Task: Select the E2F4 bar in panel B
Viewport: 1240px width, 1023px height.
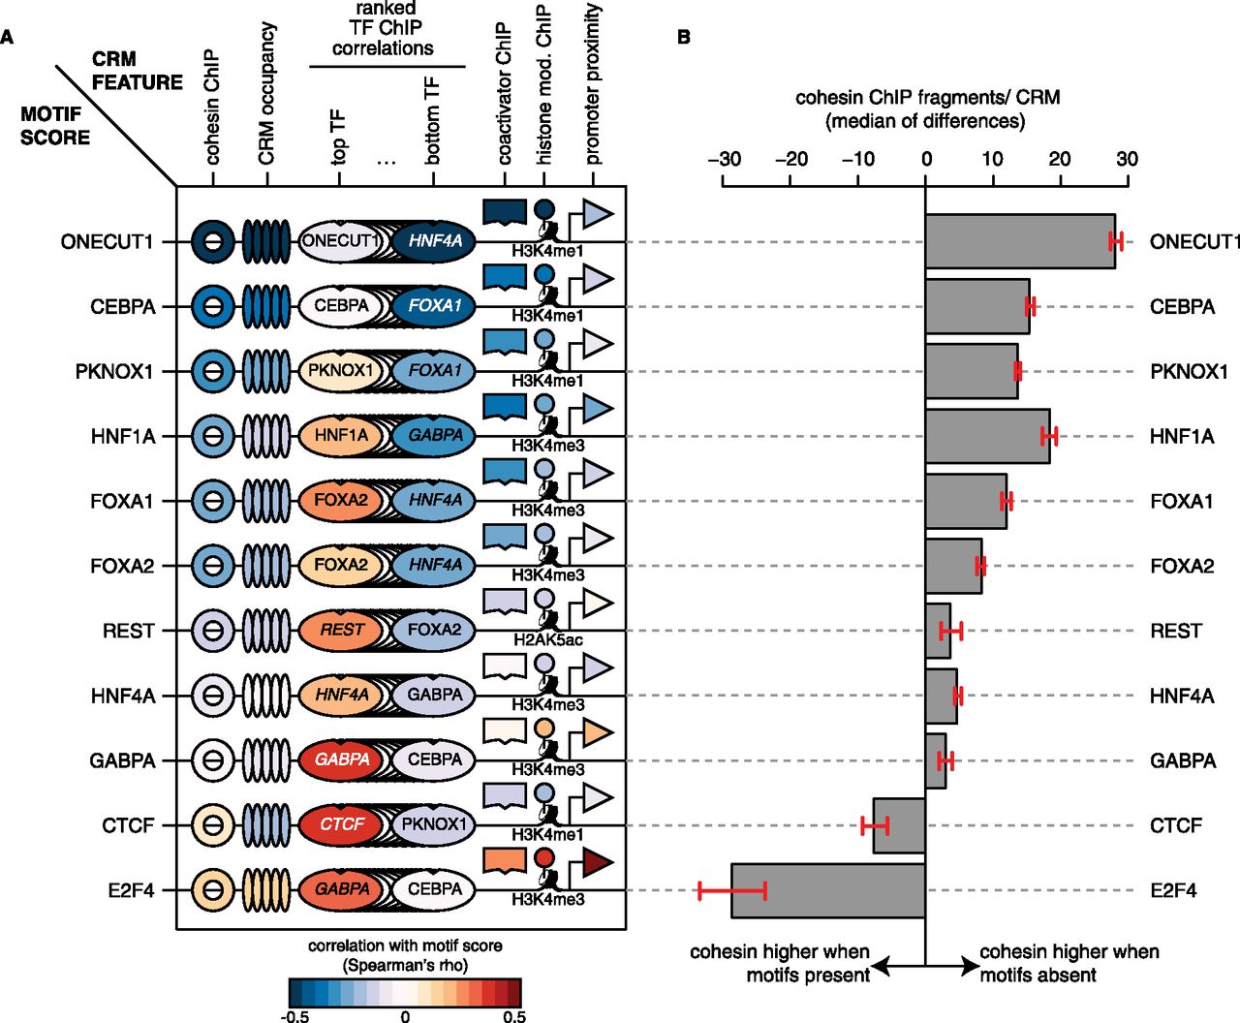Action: [827, 890]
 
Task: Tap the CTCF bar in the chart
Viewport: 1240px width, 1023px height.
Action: [899, 825]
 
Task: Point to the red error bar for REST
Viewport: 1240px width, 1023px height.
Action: [951, 632]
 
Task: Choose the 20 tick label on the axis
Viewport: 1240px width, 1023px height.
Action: [1060, 159]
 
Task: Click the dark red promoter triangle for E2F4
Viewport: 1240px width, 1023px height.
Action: [598, 861]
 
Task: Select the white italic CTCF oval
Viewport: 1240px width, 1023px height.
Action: [342, 824]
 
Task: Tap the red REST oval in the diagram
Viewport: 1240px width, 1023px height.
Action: [342, 630]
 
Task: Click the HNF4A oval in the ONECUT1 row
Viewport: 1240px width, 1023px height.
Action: [435, 240]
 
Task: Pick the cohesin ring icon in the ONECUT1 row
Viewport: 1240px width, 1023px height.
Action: [212, 241]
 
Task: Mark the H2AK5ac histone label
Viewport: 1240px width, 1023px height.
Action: [547, 640]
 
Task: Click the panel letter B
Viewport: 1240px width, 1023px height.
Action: [684, 38]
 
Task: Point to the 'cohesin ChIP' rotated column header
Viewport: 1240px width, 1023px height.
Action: [212, 107]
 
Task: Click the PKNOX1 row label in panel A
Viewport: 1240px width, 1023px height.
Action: [114, 371]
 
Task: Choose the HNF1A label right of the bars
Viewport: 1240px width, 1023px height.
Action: [1181, 436]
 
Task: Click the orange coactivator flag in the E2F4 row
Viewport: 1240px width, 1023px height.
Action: [504, 859]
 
